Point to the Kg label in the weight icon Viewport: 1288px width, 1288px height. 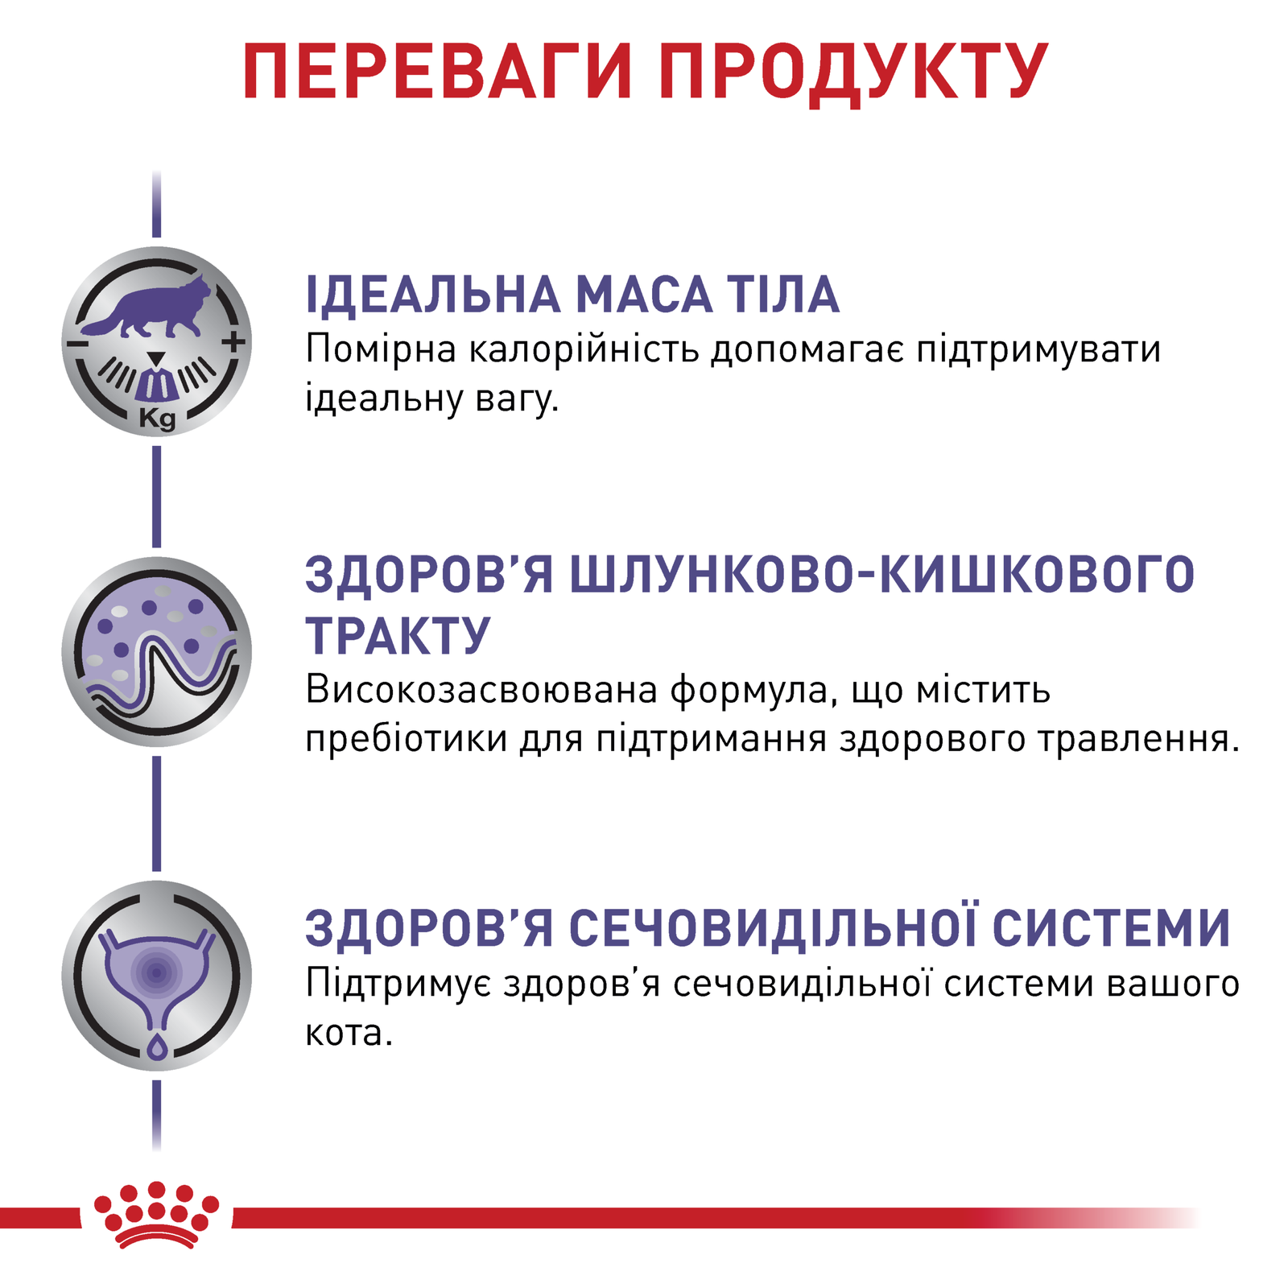click(x=157, y=419)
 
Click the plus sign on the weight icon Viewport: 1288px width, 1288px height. click(x=234, y=341)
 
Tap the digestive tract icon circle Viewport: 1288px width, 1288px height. click(x=157, y=651)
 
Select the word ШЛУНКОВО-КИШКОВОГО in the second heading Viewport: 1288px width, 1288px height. click(x=881, y=574)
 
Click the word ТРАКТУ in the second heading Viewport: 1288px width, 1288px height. click(x=398, y=636)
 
